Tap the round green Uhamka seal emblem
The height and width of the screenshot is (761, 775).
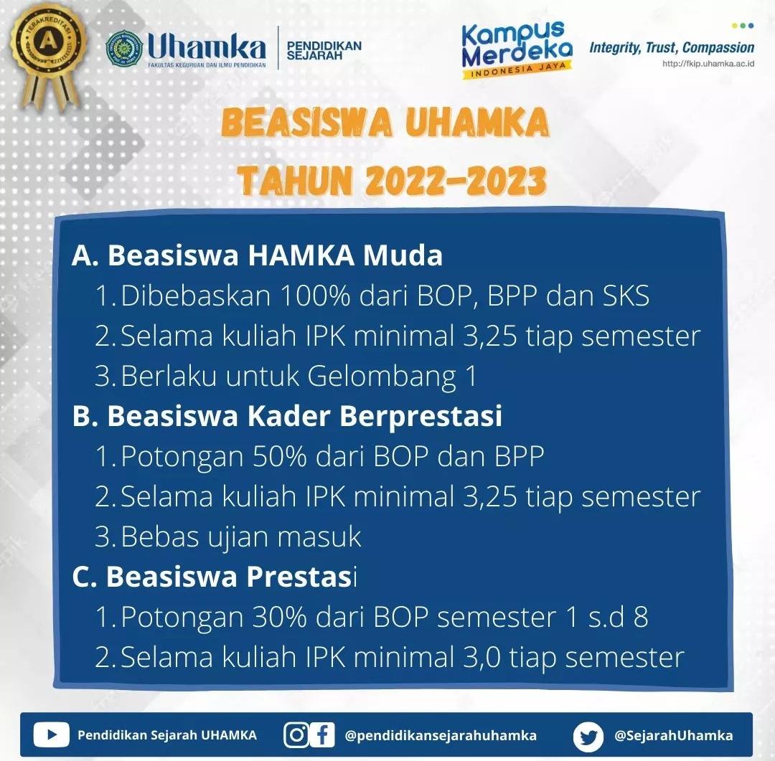coord(123,48)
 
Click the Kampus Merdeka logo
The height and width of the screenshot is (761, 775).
coord(517,50)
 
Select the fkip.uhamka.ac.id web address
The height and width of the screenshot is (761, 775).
coord(708,63)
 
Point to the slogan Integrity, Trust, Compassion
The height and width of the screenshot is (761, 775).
coord(672,48)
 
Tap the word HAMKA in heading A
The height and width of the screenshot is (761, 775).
coord(301,255)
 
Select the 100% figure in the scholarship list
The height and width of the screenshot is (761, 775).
coord(315,296)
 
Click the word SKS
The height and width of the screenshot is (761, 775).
coord(625,296)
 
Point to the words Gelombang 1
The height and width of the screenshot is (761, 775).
coord(393,376)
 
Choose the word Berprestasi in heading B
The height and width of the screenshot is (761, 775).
coord(421,417)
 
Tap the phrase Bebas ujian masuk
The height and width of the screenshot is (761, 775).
coord(240,537)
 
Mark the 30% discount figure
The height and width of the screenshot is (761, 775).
coord(280,617)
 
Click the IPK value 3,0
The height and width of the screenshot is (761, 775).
coord(482,657)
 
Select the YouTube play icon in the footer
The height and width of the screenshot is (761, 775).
coord(52,734)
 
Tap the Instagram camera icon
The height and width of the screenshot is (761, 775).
coord(296,734)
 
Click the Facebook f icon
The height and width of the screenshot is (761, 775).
coord(323,734)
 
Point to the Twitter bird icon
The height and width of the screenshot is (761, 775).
coord(588,737)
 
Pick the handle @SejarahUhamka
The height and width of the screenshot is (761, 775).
coord(674,735)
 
